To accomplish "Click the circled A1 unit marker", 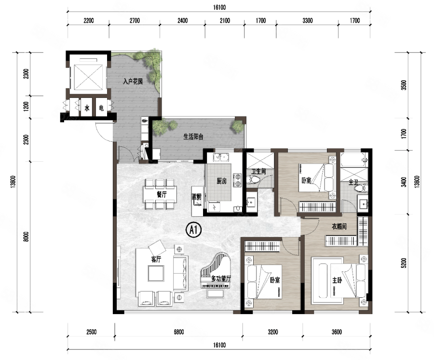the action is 194,230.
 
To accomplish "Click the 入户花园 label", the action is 133,82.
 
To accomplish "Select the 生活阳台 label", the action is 193,137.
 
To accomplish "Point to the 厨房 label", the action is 222,181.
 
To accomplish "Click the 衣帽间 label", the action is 339,226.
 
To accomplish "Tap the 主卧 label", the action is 337,280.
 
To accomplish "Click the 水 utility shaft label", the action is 87,108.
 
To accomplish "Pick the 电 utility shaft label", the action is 101,108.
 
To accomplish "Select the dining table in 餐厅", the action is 160,194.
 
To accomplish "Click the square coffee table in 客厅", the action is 156,273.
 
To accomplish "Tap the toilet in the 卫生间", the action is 253,180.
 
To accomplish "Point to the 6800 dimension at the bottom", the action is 178,332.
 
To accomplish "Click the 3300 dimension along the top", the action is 308,20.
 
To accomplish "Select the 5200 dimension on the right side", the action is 404,263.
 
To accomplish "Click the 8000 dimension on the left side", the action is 26,236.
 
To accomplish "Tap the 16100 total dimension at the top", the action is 219,7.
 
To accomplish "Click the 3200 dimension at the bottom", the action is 272,332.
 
